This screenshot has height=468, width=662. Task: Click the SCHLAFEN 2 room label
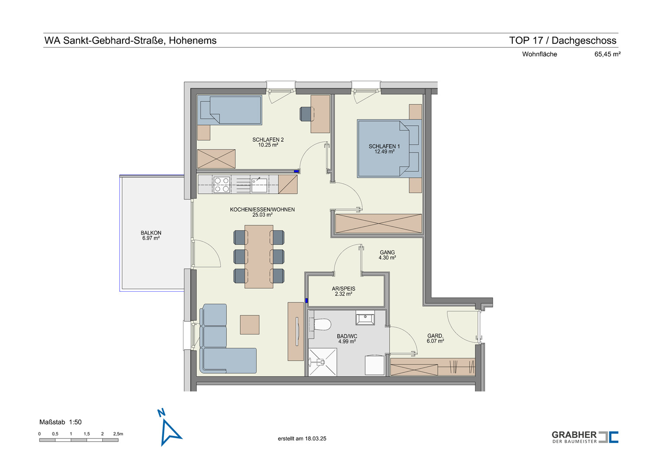point(268,140)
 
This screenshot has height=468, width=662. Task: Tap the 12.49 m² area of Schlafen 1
point(384,152)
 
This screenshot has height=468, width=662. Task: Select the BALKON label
point(151,233)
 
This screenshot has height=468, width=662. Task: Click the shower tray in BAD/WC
point(323,362)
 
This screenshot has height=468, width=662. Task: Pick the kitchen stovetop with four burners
point(222,185)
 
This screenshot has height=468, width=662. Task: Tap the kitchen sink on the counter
point(259,185)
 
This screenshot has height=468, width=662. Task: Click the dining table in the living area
point(259,257)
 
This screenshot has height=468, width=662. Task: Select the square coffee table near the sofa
point(249,325)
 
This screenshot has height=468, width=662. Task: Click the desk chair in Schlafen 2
point(307,114)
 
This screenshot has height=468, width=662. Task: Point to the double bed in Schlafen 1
point(389,149)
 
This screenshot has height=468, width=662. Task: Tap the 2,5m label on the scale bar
point(118,434)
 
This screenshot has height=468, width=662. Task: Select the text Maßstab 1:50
point(61,422)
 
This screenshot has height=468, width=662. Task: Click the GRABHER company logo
point(585,437)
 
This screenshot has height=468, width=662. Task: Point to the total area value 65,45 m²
point(607,54)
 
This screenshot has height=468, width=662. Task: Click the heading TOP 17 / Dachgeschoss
point(563,40)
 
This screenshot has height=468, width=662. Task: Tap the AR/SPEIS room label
point(343,289)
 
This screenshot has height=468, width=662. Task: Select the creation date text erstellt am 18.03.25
point(302,439)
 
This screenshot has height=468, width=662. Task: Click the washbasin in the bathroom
point(365,318)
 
